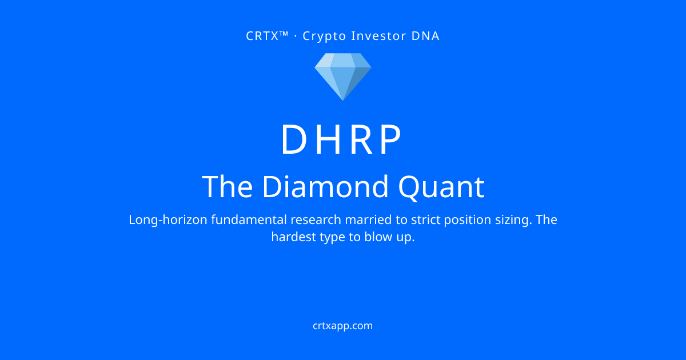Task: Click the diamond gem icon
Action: [x=343, y=77]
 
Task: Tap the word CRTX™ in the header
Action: [x=267, y=36]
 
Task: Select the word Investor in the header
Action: [x=377, y=36]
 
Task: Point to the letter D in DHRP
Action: [x=294, y=139]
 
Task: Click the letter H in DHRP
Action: [x=328, y=139]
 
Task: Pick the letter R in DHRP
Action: [x=362, y=139]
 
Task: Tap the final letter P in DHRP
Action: [x=390, y=139]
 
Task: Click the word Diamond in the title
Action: [x=325, y=186]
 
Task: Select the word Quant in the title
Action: [x=441, y=187]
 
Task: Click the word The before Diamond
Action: [x=228, y=186]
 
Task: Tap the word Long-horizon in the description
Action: [x=168, y=220]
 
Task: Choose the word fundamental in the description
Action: [x=249, y=220]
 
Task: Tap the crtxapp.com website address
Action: [x=342, y=326]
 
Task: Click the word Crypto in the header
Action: [x=324, y=37]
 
